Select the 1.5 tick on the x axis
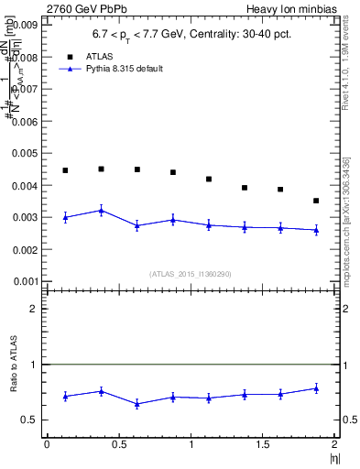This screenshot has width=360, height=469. click(x=263, y=444)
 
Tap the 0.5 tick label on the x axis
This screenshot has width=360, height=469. click(x=118, y=444)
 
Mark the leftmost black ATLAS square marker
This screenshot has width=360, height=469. click(x=65, y=170)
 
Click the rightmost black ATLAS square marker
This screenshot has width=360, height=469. click(x=316, y=201)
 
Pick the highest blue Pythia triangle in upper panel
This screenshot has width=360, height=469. click(x=101, y=211)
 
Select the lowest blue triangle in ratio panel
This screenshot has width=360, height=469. click(x=136, y=403)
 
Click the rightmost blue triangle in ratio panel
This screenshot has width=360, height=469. click(x=316, y=388)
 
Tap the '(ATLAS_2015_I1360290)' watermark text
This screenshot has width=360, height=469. click(x=190, y=273)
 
